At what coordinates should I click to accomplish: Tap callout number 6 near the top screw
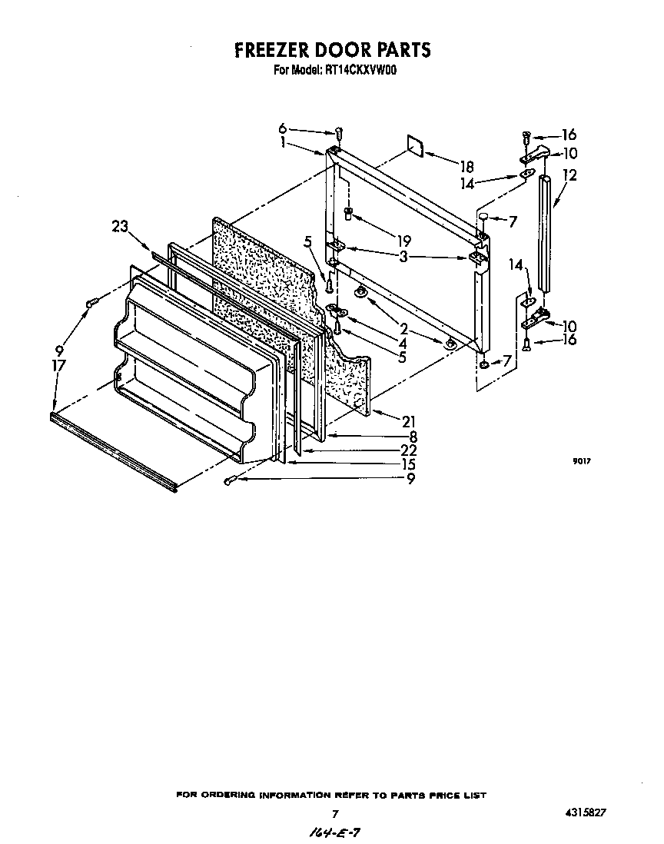click(282, 128)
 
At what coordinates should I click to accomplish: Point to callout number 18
click(466, 166)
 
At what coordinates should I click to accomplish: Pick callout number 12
click(569, 175)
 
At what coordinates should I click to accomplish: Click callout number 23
click(119, 226)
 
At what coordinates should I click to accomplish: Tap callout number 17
click(58, 367)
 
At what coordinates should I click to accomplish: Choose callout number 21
click(409, 420)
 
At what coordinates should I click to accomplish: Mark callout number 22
click(409, 450)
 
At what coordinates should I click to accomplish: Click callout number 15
click(409, 464)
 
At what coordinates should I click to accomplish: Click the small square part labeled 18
click(416, 147)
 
